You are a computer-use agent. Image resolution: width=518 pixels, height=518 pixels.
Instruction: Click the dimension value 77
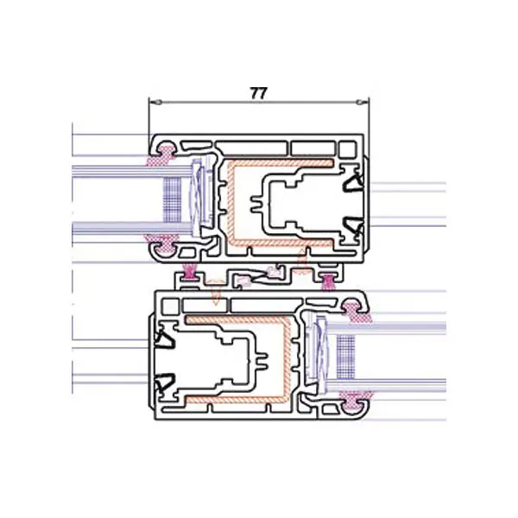(258, 93)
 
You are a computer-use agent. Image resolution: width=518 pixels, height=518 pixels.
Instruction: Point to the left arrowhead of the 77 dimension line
(155, 102)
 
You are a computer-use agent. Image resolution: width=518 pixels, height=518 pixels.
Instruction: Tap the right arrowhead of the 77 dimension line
(363, 102)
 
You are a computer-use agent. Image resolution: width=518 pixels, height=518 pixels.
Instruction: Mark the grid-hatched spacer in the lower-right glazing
(346, 357)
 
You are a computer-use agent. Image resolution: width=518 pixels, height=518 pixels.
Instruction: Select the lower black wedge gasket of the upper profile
(353, 225)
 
